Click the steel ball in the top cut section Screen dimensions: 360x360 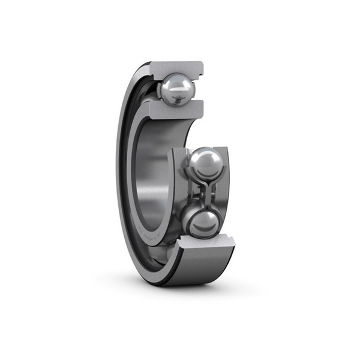pos(177,90)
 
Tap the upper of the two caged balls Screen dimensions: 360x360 pos(204,163)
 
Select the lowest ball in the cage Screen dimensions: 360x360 pos(202,223)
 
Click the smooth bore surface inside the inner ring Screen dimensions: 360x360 pos(153,180)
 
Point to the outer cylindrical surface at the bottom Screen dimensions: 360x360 pos(198,267)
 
